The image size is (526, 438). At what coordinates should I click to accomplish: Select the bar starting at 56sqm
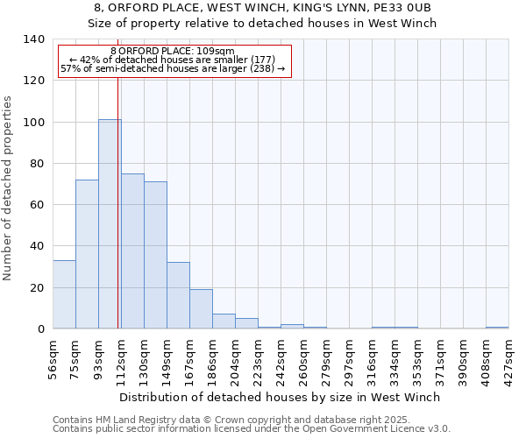(64, 294)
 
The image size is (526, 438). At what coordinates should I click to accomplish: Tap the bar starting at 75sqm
(87, 254)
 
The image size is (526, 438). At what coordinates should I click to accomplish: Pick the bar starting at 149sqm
(178, 295)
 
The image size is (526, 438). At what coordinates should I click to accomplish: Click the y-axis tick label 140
(34, 39)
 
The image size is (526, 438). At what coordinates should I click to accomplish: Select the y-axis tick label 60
(38, 205)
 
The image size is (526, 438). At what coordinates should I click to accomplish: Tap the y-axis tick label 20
(38, 287)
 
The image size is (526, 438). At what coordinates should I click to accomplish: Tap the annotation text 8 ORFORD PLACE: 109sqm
(173, 51)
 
